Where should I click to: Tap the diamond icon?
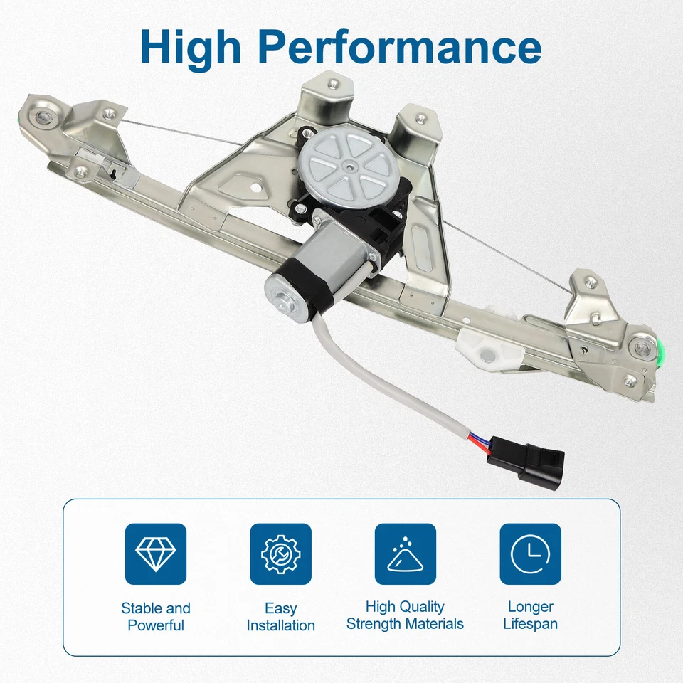pos(155,554)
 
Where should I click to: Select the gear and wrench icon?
pos(280,554)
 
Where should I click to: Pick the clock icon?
pos(530,554)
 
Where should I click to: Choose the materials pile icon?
pos(405,554)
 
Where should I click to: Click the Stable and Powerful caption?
pos(155,617)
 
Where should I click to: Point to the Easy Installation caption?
pos(280,617)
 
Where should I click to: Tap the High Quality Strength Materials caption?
pos(405,615)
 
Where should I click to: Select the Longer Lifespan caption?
pos(530,615)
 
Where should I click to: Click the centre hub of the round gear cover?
pos(349,166)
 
